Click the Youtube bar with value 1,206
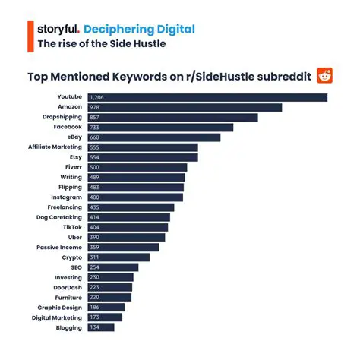point(207,97)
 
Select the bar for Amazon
point(185,107)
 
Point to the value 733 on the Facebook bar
point(95,128)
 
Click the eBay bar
point(153,137)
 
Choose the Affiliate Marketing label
point(55,147)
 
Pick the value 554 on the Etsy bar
point(95,157)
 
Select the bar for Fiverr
point(137,167)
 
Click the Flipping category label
point(70,187)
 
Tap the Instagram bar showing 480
point(135,197)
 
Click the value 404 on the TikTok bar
point(95,227)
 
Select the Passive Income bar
point(123,247)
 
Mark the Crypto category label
point(72,257)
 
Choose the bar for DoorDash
point(109,287)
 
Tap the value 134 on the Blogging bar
point(95,327)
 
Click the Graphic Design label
point(60,308)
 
